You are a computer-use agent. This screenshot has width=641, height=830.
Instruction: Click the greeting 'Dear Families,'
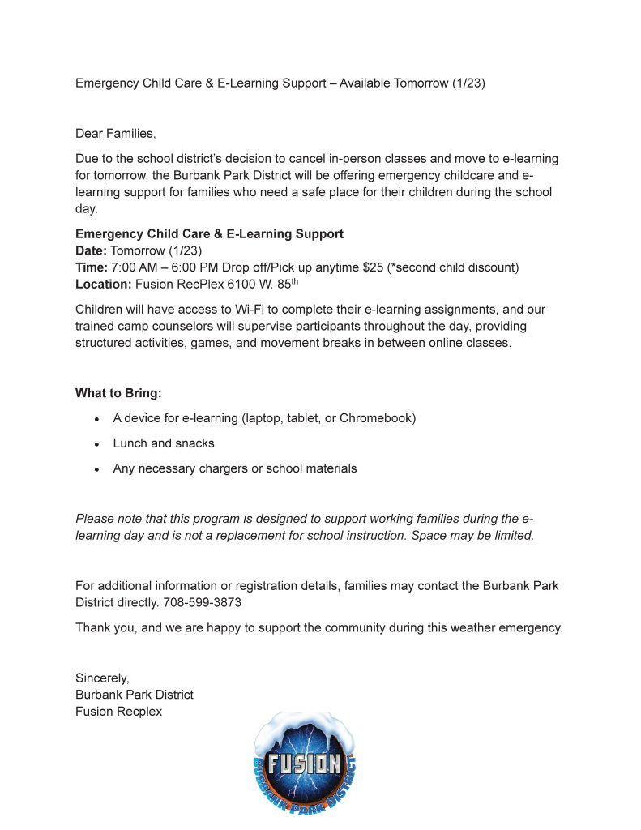click(115, 133)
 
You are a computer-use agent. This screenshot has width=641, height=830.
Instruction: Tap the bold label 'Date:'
click(91, 250)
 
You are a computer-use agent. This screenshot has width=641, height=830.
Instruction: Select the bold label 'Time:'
click(91, 267)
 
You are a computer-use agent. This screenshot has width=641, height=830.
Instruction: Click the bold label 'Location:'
click(103, 285)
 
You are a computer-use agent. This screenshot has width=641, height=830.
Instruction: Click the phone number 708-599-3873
click(202, 603)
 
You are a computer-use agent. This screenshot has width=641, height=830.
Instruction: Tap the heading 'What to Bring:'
click(118, 393)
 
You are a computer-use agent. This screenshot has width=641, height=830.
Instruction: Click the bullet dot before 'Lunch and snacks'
click(96, 444)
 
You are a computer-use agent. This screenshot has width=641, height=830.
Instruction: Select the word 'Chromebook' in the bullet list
click(377, 418)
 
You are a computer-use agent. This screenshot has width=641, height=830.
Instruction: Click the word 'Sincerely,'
click(102, 678)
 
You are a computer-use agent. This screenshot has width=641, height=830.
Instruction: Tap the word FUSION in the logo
click(304, 764)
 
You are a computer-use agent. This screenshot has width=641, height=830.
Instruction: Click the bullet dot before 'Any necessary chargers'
click(96, 469)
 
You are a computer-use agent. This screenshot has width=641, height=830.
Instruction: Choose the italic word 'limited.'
click(511, 536)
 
